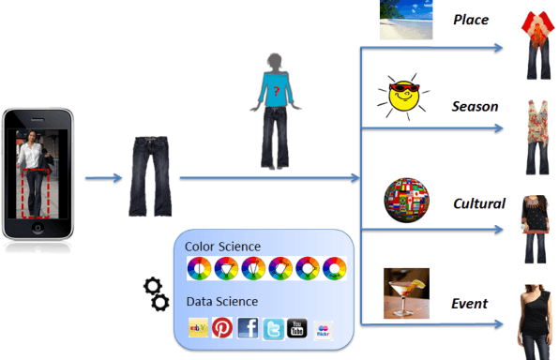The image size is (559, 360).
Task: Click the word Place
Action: pyautogui.click(x=472, y=20)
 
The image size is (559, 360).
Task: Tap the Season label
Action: pyautogui.click(x=475, y=107)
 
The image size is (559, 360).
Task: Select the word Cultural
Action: pyautogui.click(x=479, y=203)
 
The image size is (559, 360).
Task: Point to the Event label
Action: pyautogui.click(x=469, y=303)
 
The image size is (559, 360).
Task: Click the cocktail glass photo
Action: pyautogui.click(x=406, y=292)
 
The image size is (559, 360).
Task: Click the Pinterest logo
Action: pyautogui.click(x=223, y=327)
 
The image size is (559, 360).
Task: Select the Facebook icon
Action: pyautogui.click(x=249, y=327)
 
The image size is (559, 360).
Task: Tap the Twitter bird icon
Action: pyautogui.click(x=272, y=327)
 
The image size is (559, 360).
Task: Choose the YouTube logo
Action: pyautogui.click(x=296, y=327)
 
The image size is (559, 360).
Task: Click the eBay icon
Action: pyautogui.click(x=199, y=327)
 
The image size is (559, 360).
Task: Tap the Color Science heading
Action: pyautogui.click(x=223, y=247)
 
